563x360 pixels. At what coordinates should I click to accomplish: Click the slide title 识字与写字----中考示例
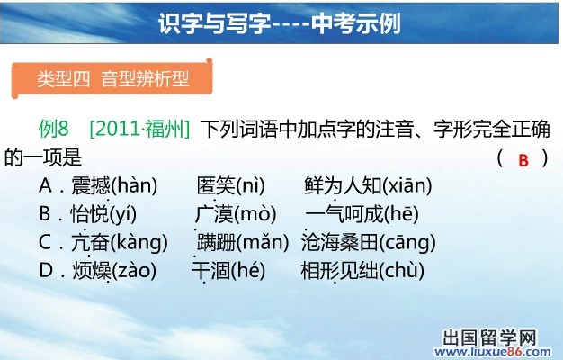click(280, 23)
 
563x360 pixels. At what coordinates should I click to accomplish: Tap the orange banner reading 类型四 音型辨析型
click(112, 78)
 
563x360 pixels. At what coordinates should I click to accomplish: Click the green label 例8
click(53, 129)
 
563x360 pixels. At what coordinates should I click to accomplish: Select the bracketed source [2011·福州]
click(139, 129)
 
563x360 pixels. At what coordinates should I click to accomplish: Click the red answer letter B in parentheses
click(523, 160)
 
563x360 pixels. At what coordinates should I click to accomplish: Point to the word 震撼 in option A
click(90, 185)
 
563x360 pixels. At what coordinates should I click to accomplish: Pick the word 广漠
click(215, 214)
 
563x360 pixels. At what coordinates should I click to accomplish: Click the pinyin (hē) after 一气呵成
click(402, 214)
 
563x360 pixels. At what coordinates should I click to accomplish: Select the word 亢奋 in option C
click(90, 242)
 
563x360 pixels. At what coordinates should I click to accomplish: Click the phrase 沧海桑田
click(340, 242)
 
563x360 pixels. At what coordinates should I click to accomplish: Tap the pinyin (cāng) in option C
click(407, 242)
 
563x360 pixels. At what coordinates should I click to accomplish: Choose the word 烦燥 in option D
click(92, 270)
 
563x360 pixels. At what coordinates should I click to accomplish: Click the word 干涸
click(210, 270)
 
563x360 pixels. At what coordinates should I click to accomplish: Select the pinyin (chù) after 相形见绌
click(402, 270)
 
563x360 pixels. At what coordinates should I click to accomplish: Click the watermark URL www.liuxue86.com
click(493, 352)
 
